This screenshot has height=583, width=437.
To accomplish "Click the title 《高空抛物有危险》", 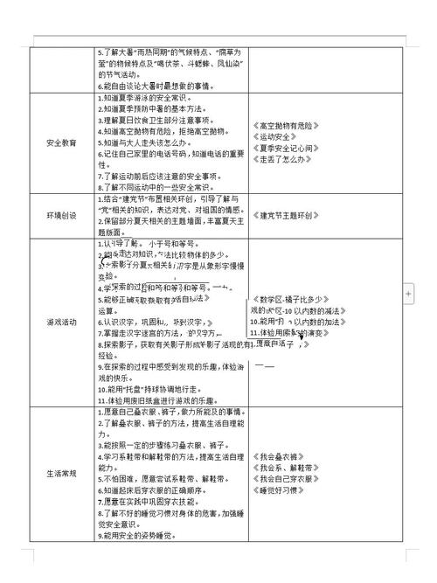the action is pyautogui.click(x=291, y=126).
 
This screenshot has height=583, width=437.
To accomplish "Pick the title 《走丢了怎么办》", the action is pyautogui.click(x=283, y=160).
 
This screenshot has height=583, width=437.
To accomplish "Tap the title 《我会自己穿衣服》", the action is pyautogui.click(x=287, y=479).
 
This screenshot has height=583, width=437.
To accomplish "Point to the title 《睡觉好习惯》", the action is pyautogui.click(x=280, y=490).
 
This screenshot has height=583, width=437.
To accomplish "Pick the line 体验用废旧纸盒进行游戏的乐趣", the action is pyautogui.click(x=157, y=399).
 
